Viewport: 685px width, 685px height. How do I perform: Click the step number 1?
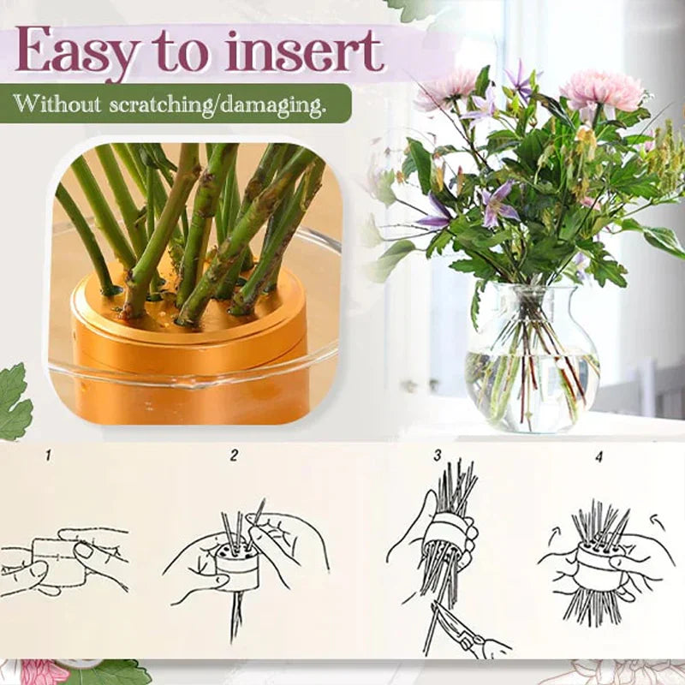tap(48, 456)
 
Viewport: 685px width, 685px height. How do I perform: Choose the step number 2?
tap(234, 456)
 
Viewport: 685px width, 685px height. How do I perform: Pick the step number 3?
tap(437, 456)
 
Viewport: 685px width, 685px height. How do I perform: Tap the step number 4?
tap(599, 456)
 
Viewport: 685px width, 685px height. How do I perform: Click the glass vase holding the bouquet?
tap(531, 360)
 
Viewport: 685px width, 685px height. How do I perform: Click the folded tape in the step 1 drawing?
tap(60, 561)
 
